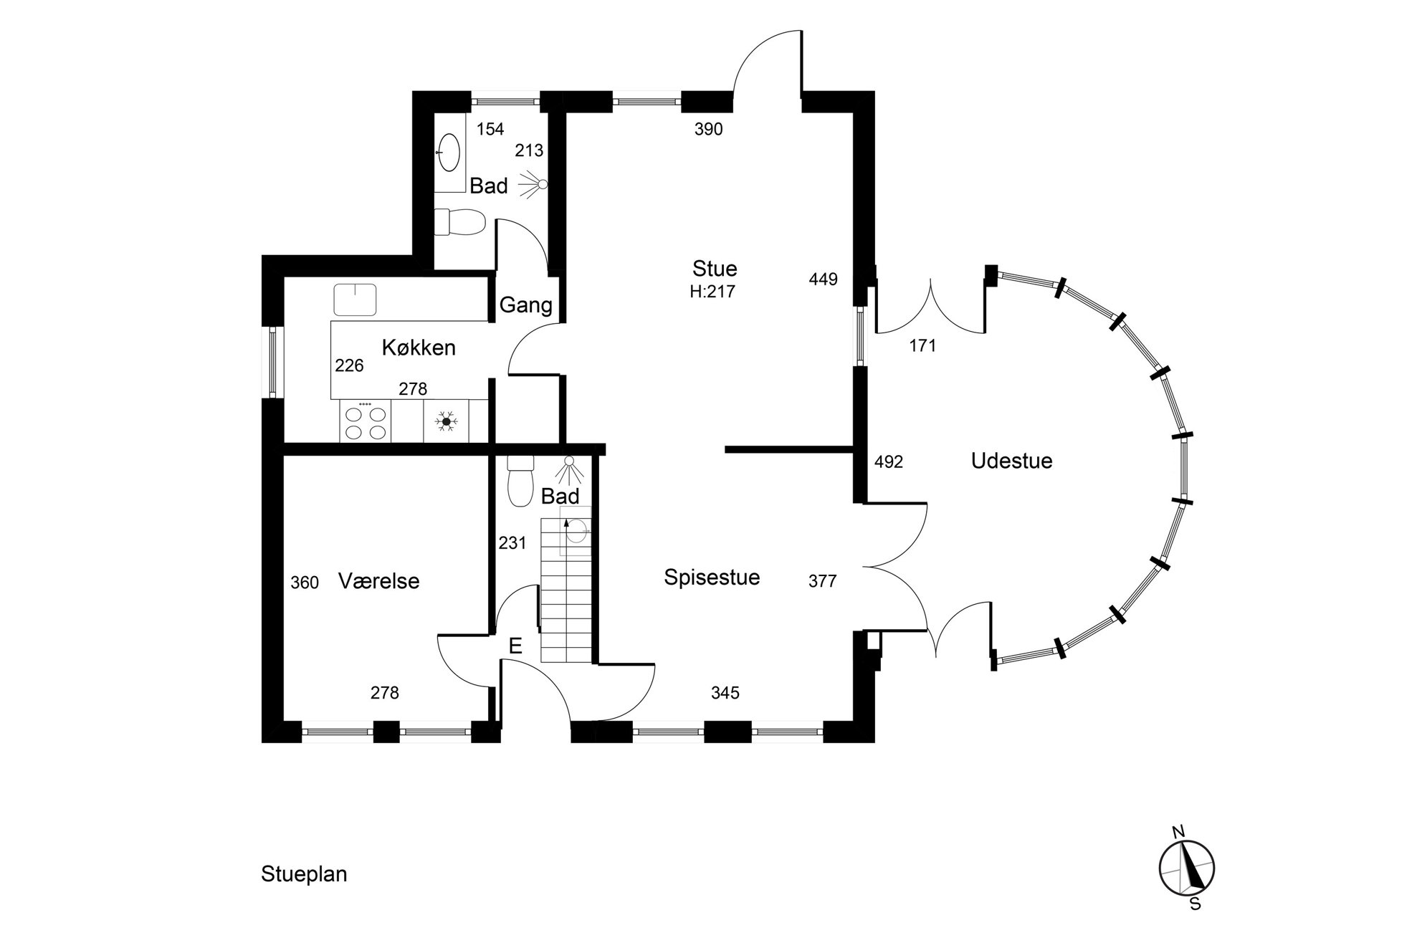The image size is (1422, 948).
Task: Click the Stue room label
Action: point(715,269)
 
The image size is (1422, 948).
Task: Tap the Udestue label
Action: point(1011,461)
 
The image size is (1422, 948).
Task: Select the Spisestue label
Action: point(712,578)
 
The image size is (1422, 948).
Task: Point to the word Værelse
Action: point(378,581)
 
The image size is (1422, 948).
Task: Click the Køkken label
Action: point(419,348)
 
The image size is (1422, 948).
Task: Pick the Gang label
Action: point(525,305)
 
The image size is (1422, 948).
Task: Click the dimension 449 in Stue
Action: point(823,279)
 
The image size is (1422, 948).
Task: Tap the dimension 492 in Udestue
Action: point(889,462)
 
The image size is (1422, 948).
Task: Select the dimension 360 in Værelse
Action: point(305,583)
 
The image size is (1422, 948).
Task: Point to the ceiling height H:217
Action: point(712,291)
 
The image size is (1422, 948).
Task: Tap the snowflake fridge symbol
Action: point(446,421)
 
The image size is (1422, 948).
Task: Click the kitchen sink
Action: point(355,299)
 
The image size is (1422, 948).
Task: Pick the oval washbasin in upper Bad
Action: point(449,153)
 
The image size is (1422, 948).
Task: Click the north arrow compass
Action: point(1187,868)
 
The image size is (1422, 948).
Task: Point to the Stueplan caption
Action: point(304,875)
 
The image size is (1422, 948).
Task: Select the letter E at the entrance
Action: point(515,646)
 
